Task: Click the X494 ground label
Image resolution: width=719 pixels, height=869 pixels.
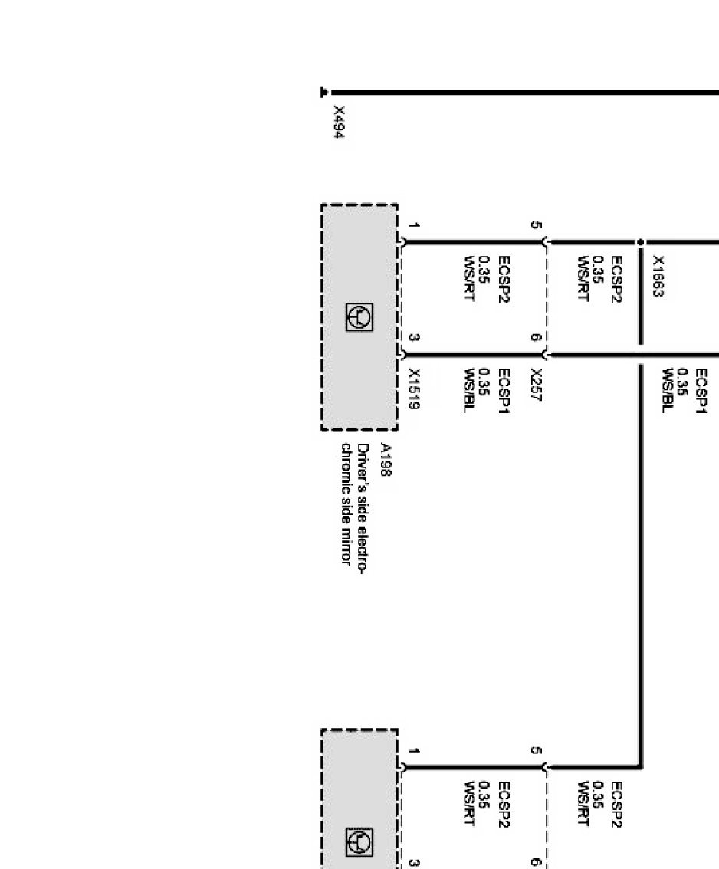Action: [x=340, y=122]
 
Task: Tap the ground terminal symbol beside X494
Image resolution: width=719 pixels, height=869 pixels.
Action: [x=324, y=92]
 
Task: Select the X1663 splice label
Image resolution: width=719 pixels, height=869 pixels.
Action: [x=658, y=276]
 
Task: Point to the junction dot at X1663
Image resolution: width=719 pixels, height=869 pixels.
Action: [x=640, y=242]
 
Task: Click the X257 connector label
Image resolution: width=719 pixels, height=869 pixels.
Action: [x=536, y=385]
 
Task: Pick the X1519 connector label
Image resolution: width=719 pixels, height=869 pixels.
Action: [x=414, y=389]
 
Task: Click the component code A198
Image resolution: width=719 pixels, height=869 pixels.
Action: [x=386, y=460]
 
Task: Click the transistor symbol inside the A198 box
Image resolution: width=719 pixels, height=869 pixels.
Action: [x=359, y=317]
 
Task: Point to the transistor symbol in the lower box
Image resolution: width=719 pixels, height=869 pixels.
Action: [x=359, y=842]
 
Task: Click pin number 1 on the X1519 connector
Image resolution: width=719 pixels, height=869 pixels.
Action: [x=414, y=225]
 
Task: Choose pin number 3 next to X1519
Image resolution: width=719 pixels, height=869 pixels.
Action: [x=414, y=337]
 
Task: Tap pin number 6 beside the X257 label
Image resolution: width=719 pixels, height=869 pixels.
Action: [x=536, y=337]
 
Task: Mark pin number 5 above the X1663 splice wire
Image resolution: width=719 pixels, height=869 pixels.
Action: [x=536, y=225]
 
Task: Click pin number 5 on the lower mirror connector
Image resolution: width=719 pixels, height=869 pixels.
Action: [x=536, y=750]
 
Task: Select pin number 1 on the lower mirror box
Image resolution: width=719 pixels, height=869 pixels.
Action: [x=414, y=750]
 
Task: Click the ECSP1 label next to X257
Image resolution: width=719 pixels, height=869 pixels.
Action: [x=504, y=391]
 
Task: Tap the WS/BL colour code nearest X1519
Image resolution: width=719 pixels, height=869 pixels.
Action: [x=470, y=391]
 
